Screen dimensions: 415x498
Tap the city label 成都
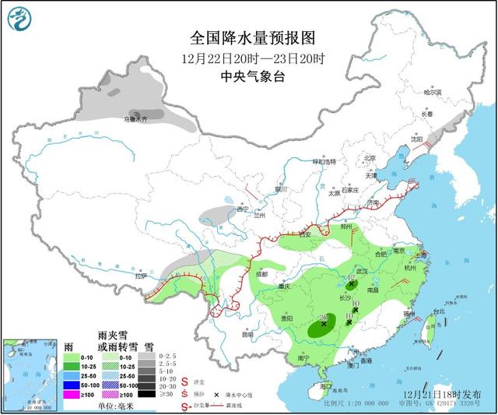coord(260,274)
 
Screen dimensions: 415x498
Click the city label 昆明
coord(247,335)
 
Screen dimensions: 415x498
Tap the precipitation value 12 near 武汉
coord(352,278)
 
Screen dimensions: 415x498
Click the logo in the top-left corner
coord(19,19)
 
